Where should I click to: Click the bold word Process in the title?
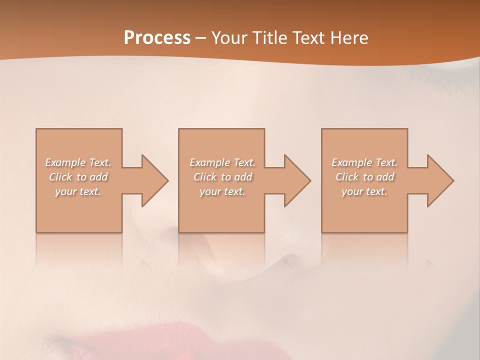[x=157, y=38]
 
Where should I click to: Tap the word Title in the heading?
[x=267, y=38]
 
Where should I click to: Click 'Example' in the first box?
[x=65, y=162]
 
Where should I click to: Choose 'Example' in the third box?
[x=352, y=162]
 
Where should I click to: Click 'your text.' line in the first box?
[x=78, y=191]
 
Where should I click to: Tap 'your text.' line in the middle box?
[x=222, y=191]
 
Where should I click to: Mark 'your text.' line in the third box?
[x=364, y=191]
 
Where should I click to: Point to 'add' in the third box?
[x=385, y=177]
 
